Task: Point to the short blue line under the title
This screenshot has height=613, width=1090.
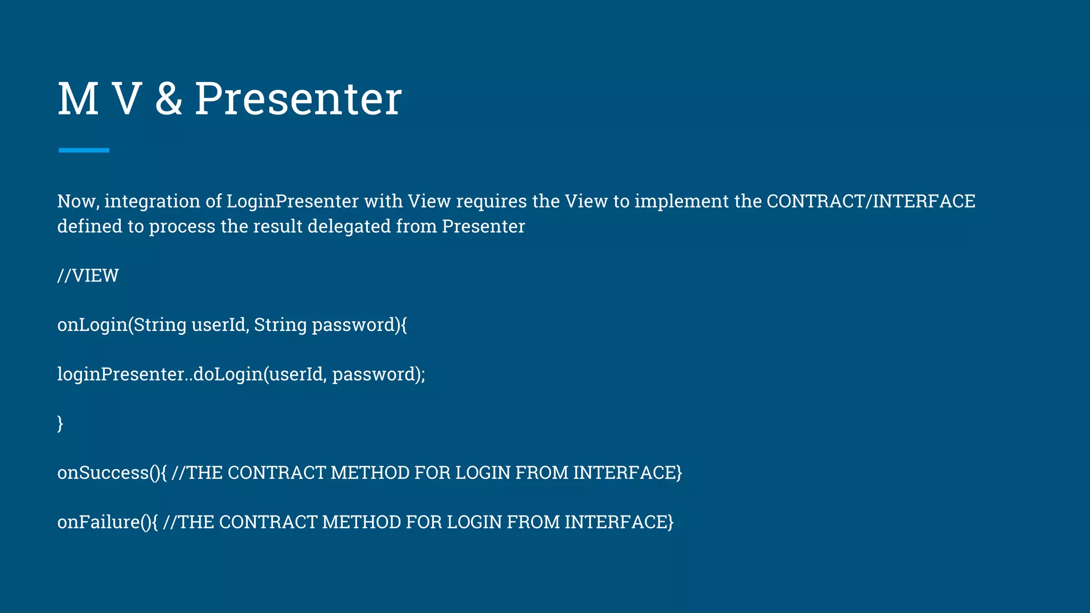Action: (x=84, y=151)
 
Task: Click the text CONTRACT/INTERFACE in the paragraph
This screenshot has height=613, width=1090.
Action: (x=871, y=201)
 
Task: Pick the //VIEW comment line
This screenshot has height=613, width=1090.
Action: (x=88, y=276)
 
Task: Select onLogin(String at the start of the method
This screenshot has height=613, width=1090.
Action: (x=122, y=325)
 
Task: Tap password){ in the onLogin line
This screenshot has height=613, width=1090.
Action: (x=359, y=325)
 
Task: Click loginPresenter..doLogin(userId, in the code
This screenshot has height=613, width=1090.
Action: (x=192, y=374)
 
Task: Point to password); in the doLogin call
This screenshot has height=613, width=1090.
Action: (x=378, y=375)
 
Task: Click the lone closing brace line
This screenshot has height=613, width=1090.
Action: (x=60, y=424)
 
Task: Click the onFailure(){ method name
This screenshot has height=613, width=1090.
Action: (x=108, y=522)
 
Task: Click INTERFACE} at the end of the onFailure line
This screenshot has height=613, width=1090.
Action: (x=619, y=522)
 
